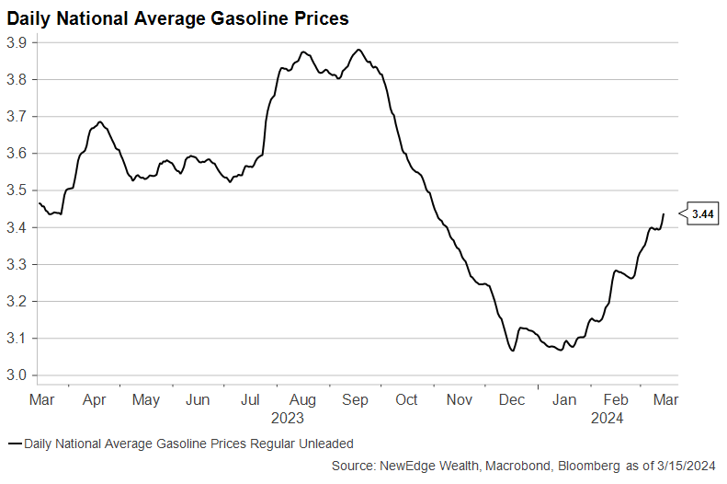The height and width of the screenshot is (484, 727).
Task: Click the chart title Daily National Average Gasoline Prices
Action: tap(178, 17)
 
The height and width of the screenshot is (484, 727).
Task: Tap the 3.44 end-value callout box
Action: tap(703, 213)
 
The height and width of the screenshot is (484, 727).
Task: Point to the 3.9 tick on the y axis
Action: tap(16, 42)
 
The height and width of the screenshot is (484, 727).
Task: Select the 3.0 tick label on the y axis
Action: tap(16, 375)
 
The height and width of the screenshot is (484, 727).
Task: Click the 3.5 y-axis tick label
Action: tap(16, 190)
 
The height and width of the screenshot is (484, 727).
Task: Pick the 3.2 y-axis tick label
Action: tap(16, 301)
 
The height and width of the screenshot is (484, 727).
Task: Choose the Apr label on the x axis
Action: tap(94, 400)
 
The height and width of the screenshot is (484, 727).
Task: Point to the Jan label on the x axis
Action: tap(564, 400)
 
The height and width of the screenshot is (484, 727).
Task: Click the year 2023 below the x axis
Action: tap(287, 419)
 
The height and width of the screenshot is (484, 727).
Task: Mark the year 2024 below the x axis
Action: tap(608, 419)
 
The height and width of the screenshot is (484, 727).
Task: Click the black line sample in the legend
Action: tap(14, 444)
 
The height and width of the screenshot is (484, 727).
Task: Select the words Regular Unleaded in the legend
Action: tap(305, 444)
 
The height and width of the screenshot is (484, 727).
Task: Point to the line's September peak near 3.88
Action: tap(358, 50)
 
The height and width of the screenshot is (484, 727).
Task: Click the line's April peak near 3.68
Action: tap(99, 122)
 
